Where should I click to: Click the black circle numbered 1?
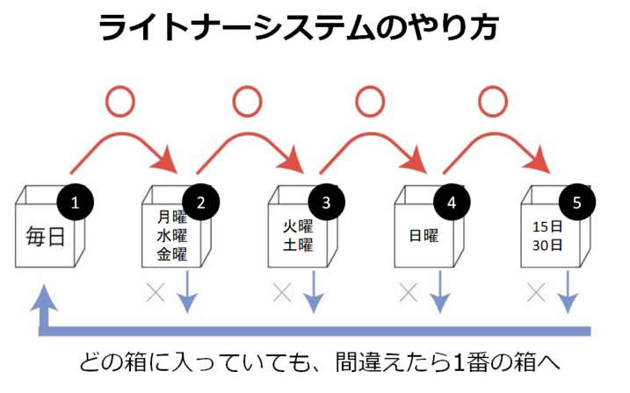click(76, 203)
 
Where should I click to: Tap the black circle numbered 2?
click(201, 203)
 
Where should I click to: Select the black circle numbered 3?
click(327, 203)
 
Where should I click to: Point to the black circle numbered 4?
click(452, 203)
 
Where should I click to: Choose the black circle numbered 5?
click(577, 203)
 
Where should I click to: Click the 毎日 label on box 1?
click(46, 237)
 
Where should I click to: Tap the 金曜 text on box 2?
click(172, 254)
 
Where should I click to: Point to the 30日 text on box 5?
click(547, 245)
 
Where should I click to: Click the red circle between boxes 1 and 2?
click(121, 101)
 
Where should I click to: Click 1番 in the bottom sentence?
click(445, 362)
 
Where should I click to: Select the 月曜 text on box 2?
click(172, 215)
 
